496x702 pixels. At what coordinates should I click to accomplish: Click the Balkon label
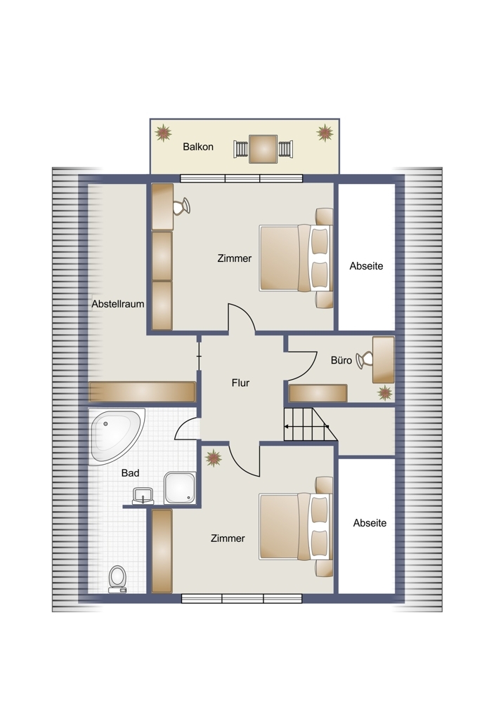point(198,147)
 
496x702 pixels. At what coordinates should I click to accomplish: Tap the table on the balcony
point(263,149)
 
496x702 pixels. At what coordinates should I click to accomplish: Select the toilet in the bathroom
point(117,579)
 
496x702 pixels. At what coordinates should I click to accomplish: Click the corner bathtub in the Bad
point(116,436)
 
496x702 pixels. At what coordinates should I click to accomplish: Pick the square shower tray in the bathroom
point(180,488)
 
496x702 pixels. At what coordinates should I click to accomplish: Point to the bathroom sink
point(143,496)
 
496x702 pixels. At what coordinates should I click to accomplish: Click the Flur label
point(240,383)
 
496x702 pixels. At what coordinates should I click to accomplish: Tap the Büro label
point(341,360)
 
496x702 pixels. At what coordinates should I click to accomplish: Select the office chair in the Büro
point(364,360)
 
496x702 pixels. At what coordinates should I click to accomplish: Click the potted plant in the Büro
point(385,392)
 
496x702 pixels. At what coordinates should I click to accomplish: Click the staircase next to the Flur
point(310,425)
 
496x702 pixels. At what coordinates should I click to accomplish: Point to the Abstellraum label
point(118,304)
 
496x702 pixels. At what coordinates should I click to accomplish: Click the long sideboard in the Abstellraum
point(143,392)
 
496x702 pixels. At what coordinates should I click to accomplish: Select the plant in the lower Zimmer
point(214,458)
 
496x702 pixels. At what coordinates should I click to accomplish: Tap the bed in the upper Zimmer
point(296,258)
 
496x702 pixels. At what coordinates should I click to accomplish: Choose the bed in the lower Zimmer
point(296,526)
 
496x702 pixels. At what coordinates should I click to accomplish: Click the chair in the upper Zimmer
point(181,206)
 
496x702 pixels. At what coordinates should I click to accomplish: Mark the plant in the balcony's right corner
point(325,133)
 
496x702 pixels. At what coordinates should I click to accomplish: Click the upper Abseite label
point(367,266)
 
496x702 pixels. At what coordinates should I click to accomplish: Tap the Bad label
point(131,472)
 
